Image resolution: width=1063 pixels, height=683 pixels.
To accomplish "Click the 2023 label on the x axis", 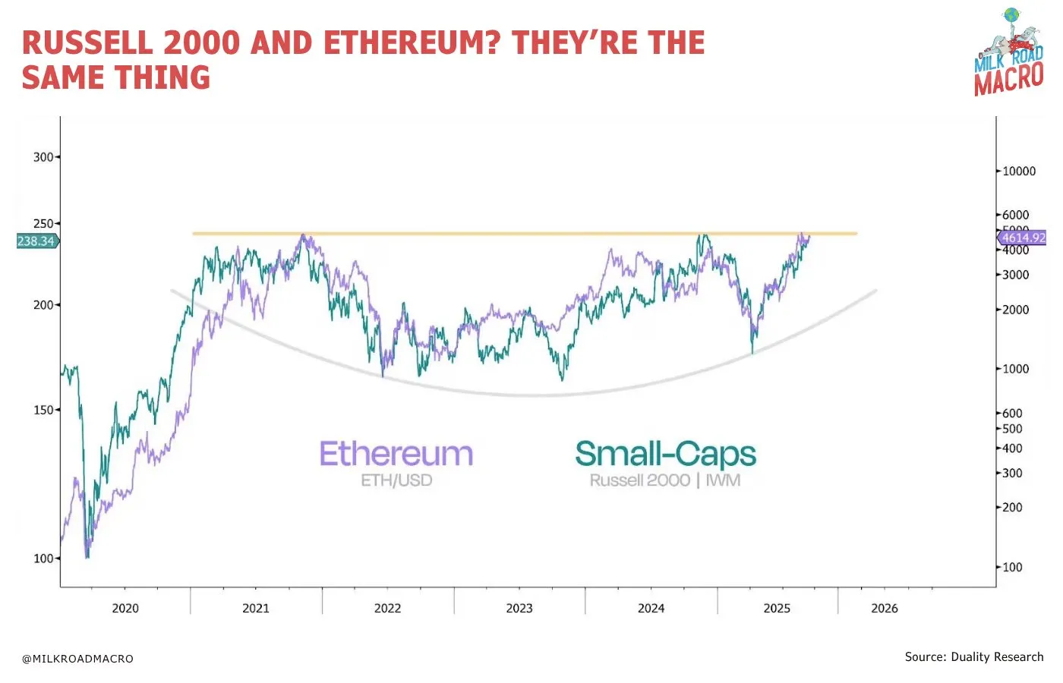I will pos(519,608).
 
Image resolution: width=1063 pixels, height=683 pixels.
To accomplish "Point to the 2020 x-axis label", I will pos(125,608).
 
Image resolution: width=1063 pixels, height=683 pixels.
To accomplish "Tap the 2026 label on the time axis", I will pos(885,608).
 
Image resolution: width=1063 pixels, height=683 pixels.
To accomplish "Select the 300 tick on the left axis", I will pos(43,157).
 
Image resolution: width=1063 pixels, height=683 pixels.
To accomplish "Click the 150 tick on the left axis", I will pos(43,410).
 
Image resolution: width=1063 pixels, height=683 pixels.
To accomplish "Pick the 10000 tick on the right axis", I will pos(1019,172).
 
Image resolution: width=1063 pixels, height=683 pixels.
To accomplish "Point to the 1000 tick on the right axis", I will pos(1016,369).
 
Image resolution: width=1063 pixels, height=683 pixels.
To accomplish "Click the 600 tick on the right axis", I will pos(1013,414).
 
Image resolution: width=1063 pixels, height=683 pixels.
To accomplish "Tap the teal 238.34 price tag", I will pos(36,241).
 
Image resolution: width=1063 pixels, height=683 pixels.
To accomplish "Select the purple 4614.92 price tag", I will pos(1023,238).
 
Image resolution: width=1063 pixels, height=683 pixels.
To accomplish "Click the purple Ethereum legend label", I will pos(396,454).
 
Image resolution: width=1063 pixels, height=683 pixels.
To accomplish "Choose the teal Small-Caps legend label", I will pos(666,454).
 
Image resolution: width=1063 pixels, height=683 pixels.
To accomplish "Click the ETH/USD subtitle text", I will pos(396,480).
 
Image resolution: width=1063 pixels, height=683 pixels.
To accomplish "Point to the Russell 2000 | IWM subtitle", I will pos(665,480).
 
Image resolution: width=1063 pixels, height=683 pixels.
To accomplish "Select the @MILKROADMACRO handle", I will pos(77,659).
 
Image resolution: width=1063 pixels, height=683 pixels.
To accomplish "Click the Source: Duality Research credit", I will pos(974,657).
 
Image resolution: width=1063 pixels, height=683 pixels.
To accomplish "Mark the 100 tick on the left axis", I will pos(43,559).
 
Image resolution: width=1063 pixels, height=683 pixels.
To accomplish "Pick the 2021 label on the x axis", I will pos(256,608).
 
